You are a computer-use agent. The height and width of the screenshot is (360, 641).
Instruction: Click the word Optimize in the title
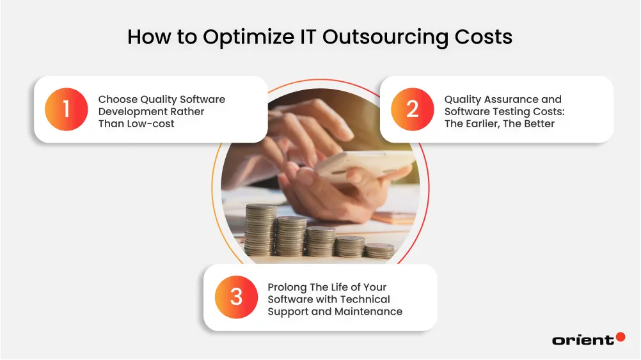(244, 37)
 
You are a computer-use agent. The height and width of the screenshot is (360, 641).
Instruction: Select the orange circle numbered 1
(66, 109)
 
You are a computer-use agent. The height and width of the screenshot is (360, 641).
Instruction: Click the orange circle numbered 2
(412, 109)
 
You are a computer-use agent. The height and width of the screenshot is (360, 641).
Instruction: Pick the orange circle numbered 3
(236, 297)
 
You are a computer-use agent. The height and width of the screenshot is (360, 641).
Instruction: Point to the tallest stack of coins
(261, 230)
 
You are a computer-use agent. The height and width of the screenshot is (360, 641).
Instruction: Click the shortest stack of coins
(379, 250)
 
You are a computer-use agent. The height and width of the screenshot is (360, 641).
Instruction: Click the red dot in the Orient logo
(620, 337)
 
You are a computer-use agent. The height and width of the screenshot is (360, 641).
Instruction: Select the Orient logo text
(582, 340)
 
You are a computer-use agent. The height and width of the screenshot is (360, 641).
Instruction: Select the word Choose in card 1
(117, 99)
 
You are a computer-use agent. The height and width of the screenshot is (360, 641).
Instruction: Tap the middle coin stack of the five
(320, 242)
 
